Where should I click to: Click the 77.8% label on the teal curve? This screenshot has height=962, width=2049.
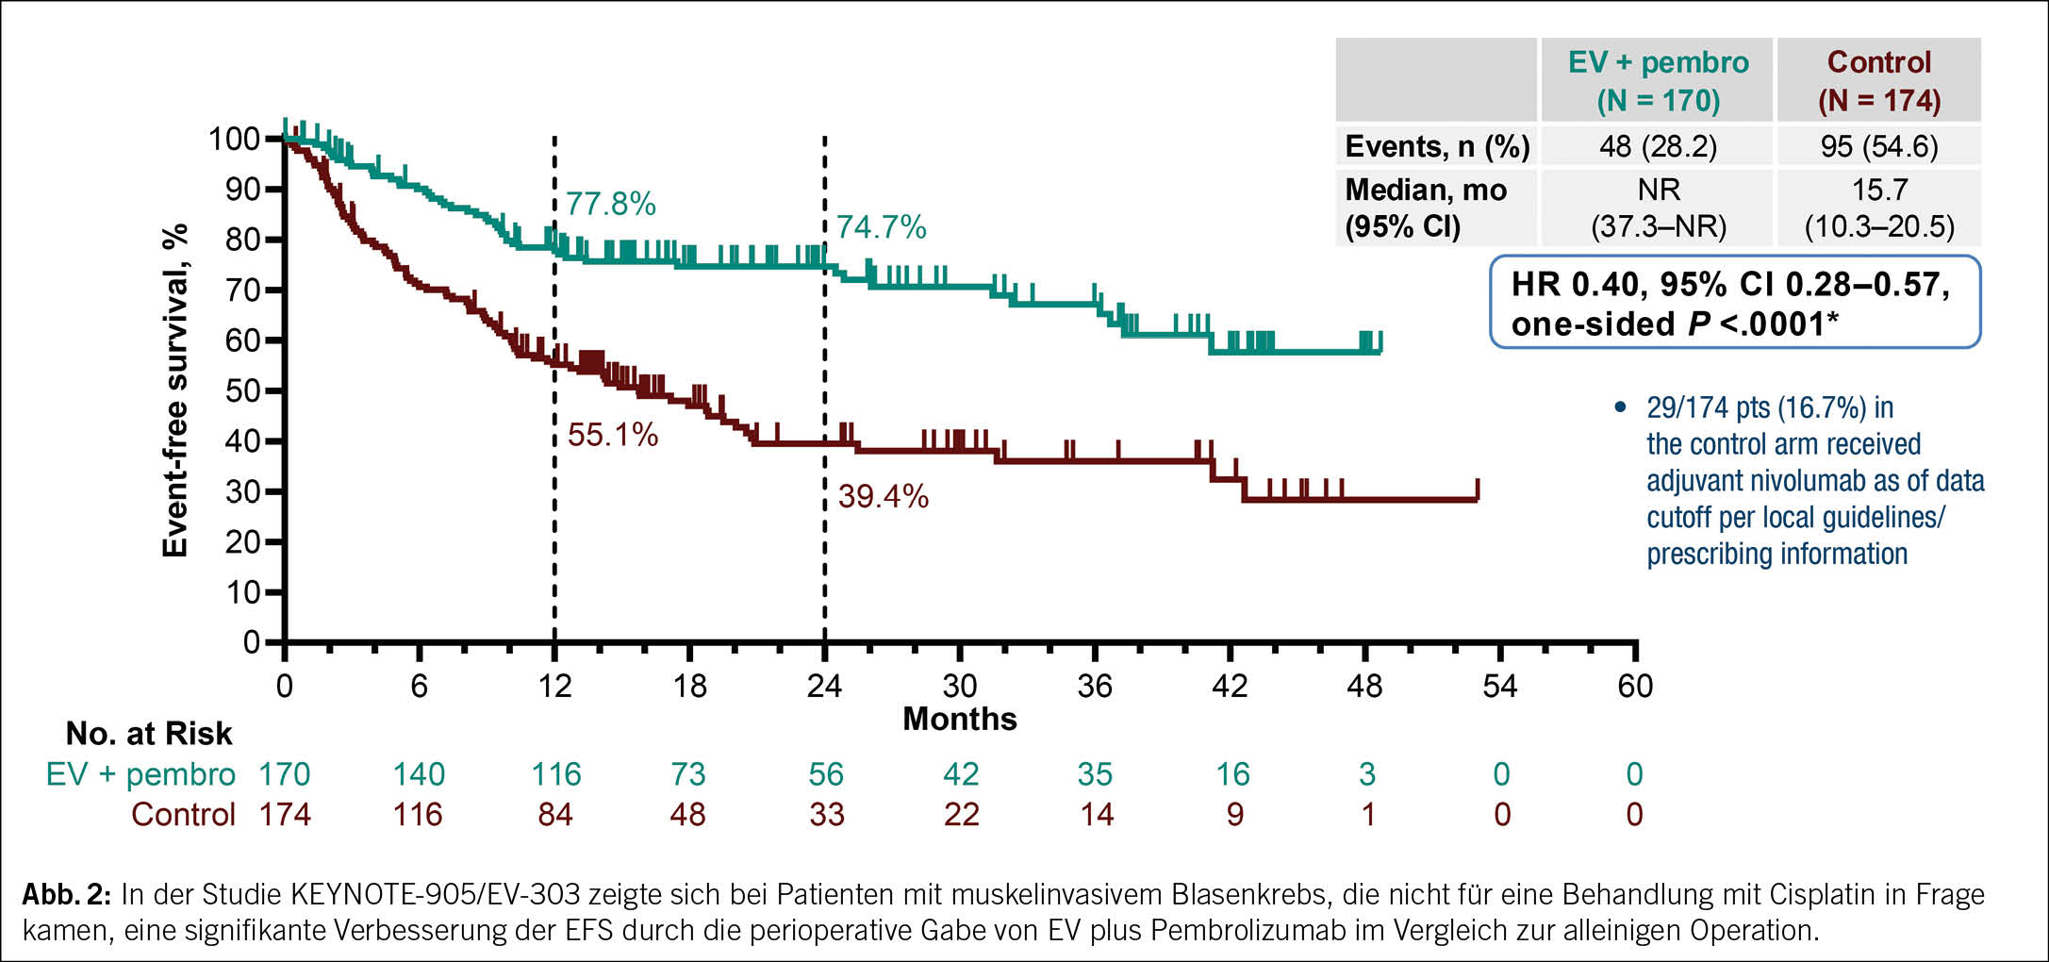(610, 204)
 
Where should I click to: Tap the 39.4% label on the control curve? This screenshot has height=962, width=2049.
(883, 496)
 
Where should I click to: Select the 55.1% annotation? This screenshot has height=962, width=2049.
(612, 435)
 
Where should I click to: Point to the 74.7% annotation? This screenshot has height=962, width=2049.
(881, 227)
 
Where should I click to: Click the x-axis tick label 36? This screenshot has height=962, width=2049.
(1095, 686)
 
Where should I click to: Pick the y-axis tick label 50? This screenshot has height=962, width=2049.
(242, 390)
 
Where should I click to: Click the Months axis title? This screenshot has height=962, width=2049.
(960, 720)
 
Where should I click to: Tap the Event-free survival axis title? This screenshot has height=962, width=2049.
(175, 390)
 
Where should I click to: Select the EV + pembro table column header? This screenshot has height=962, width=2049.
(1658, 81)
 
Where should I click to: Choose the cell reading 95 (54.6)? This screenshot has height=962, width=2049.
(1879, 147)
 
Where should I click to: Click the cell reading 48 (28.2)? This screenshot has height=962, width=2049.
(1658, 147)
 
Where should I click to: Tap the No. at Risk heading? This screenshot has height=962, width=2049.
(149, 734)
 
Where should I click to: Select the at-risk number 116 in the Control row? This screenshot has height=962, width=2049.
(418, 815)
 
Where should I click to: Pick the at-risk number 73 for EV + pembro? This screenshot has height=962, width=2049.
(688, 774)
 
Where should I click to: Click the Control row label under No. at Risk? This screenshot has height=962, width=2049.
(183, 815)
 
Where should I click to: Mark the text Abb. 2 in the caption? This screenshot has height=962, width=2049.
(66, 894)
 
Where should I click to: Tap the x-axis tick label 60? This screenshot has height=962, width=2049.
(1635, 686)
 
